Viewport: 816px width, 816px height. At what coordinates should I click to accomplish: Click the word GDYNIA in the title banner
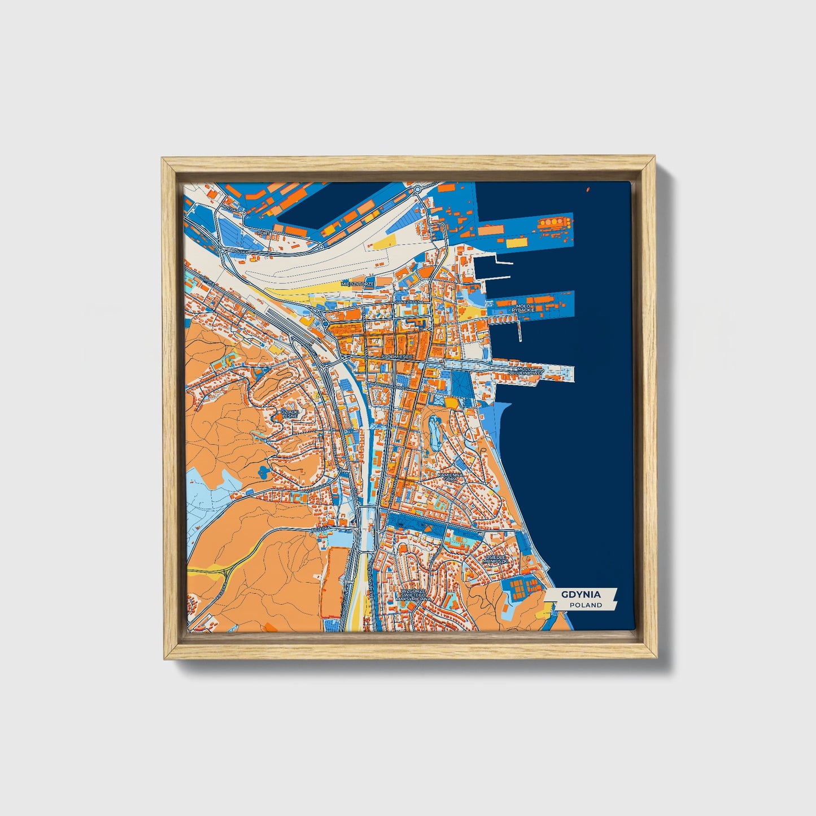click(581, 595)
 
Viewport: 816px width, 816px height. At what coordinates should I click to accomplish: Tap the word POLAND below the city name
click(586, 605)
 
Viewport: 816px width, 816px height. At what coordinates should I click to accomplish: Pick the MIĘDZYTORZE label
click(357, 283)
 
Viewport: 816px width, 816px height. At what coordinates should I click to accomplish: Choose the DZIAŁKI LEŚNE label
click(290, 414)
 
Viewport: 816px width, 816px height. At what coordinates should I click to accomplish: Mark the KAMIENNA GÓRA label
click(450, 477)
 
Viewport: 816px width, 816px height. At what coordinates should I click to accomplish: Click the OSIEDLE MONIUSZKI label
click(497, 559)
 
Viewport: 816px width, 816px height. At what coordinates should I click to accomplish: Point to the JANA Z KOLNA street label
click(409, 302)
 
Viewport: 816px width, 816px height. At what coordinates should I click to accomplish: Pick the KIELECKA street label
click(320, 529)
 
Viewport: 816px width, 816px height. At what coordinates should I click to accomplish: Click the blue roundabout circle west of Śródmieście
click(326, 325)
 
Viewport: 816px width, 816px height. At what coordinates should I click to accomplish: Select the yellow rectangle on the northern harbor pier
click(515, 243)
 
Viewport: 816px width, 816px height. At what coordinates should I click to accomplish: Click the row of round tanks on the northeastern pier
click(555, 222)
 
